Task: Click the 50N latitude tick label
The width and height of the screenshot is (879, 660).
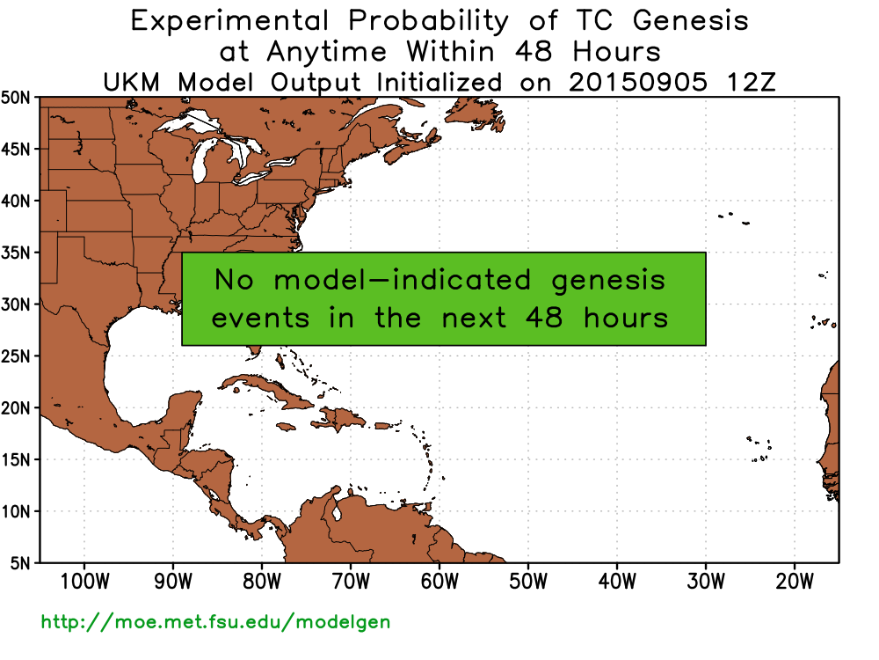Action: pos(16,98)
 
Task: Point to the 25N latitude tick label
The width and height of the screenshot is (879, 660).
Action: pos(16,356)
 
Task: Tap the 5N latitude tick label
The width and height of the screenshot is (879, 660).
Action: pos(21,563)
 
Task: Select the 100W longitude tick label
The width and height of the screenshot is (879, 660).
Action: pos(84,582)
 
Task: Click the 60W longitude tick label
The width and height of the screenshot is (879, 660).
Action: pos(439,582)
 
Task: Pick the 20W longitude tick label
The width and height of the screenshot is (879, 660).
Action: pos(795,582)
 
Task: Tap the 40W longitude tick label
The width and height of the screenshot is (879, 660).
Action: pos(617,582)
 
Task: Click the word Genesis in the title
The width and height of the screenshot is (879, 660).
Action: pos(691,21)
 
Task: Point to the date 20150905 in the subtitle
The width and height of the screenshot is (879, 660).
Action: pos(638,83)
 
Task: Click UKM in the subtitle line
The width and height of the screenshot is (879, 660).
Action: pos(132,83)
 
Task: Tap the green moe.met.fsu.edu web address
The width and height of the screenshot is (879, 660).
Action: pos(216,622)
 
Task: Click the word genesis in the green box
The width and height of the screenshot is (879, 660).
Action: pos(608,281)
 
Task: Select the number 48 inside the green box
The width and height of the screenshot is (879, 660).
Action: pos(544,318)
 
